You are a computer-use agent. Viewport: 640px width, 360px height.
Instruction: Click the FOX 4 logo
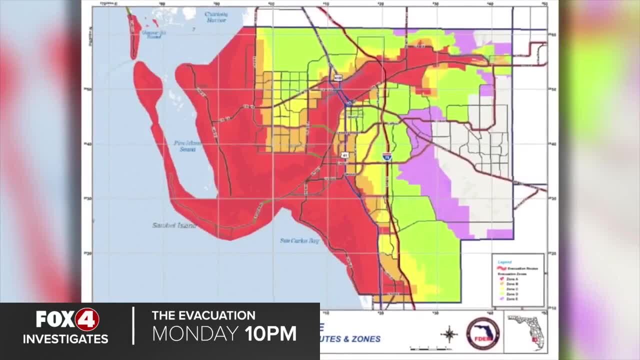[x=67, y=319]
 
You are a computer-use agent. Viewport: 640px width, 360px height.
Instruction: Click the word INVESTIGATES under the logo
[x=65, y=339]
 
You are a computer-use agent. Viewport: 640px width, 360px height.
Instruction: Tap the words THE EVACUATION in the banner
[x=203, y=315]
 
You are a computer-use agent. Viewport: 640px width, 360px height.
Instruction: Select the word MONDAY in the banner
[x=195, y=333]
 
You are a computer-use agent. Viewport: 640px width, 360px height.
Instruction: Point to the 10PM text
[x=270, y=333]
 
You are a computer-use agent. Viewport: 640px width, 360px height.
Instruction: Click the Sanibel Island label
[x=174, y=225]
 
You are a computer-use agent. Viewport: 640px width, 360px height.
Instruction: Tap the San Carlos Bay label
[x=299, y=240]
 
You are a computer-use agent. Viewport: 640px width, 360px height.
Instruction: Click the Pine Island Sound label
[x=188, y=145]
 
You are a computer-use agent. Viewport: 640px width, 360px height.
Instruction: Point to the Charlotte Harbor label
[x=216, y=17]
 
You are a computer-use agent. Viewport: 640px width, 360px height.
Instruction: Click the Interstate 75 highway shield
[x=387, y=157]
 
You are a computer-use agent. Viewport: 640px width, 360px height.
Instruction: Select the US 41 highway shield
[x=345, y=156]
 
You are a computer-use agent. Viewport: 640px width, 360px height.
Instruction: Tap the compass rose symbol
[x=449, y=333]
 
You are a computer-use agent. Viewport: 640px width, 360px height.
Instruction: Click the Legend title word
[x=504, y=261]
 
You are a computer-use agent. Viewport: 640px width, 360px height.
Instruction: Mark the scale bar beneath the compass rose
[x=424, y=348]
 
